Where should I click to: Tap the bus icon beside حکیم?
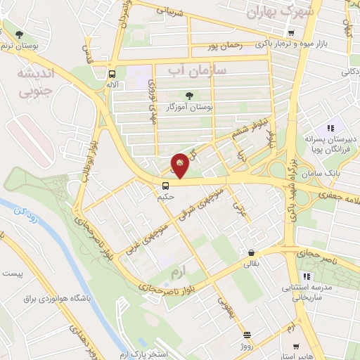click(165, 186)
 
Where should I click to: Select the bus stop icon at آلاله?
click(112, 73)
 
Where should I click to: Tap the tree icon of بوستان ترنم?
click(19, 34)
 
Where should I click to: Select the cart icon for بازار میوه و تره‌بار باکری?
click(290, 32)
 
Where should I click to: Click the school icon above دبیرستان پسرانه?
click(329, 129)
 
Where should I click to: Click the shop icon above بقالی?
click(250, 253)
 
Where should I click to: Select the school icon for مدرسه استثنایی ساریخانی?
click(306, 276)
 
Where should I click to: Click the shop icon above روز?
click(246, 335)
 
